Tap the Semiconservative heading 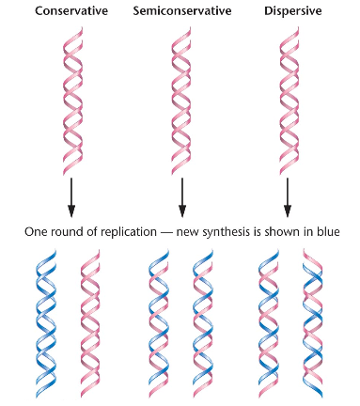[x=180, y=11]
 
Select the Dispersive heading [x=290, y=11]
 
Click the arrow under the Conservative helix [x=71, y=195]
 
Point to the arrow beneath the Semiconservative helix [x=180, y=195]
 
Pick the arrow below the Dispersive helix [x=289, y=195]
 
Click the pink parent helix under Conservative [x=72, y=99]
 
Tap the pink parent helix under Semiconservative [x=180, y=99]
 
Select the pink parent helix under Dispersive [x=289, y=99]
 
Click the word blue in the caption [x=324, y=231]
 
